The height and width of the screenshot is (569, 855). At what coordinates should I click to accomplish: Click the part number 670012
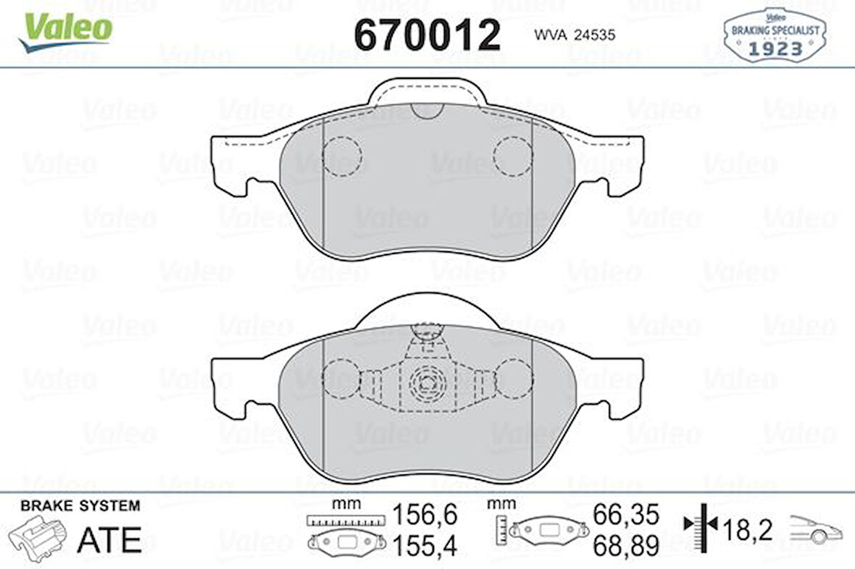427,34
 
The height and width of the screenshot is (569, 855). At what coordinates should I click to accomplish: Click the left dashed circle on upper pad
341,156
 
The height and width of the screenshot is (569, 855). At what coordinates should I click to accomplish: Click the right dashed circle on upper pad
513,156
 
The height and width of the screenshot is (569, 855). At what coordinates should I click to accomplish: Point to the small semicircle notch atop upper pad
425,110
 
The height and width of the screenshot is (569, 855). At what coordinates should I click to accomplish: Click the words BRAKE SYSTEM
80,506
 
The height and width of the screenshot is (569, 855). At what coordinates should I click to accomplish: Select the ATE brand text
109,539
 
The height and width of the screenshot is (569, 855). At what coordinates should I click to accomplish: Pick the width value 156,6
425,515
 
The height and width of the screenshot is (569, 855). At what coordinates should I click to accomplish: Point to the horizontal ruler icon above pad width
345,520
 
